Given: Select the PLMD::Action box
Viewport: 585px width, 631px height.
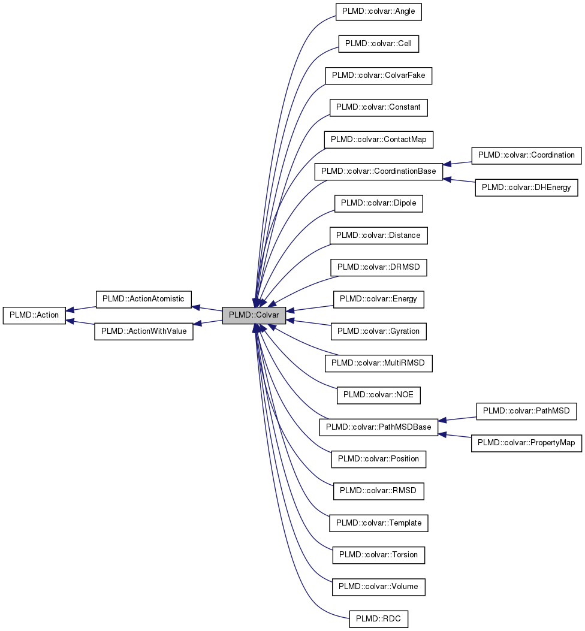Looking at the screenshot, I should coord(34,315).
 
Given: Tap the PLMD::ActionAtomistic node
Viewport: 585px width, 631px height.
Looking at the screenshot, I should coord(143,299).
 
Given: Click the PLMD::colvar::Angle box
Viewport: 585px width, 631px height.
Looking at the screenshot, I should coord(379,12).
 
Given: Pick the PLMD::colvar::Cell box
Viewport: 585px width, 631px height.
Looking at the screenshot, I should coord(379,44).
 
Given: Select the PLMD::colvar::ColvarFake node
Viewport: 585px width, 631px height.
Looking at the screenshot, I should coord(379,76).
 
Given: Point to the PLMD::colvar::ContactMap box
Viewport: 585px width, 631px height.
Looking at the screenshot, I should coord(379,140).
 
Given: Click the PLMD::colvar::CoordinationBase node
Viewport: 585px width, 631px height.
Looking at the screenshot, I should coord(379,171).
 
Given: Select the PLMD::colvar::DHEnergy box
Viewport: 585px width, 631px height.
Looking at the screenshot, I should coord(527,188).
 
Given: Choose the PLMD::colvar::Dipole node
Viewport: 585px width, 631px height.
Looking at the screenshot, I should coord(379,203).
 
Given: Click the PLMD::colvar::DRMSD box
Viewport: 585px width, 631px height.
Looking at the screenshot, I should coord(379,267).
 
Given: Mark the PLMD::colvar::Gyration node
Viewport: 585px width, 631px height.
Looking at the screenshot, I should coord(379,331).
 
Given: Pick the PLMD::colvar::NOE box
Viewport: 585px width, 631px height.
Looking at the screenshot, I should coord(379,395).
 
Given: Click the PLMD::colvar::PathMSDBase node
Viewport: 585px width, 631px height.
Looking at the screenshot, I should coord(379,427).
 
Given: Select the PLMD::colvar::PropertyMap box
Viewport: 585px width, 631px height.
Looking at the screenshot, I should coord(527,443).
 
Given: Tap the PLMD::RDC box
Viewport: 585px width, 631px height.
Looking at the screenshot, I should coord(379,618).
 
